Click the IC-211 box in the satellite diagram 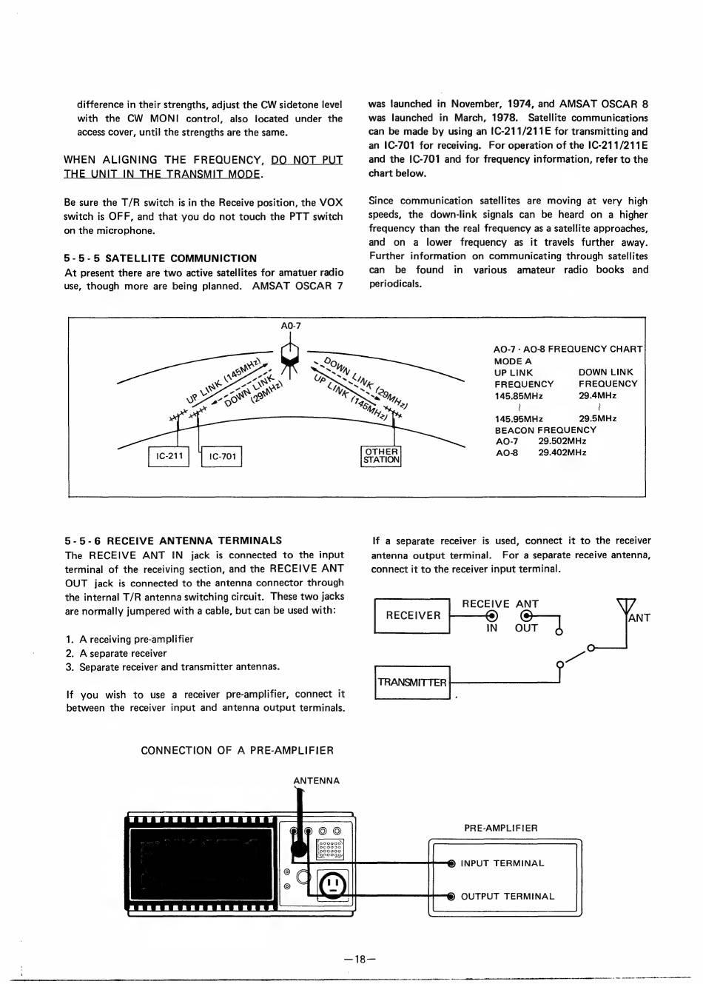point(169,456)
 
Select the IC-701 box point(222,456)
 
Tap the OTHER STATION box point(381,456)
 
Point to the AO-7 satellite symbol point(290,352)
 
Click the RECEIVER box point(412,615)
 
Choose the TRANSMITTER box point(412,682)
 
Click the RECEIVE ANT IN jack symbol point(491,616)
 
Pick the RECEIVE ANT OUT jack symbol point(526,616)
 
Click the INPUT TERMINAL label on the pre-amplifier point(502,863)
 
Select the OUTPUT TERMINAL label point(507,897)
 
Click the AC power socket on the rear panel point(333,884)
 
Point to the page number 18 point(360,960)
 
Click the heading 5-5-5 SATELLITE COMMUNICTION point(161,258)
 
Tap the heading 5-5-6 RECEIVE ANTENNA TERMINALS point(173,540)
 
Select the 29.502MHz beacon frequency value point(562,441)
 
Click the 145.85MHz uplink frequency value point(519,396)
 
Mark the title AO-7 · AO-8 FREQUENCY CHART point(568,349)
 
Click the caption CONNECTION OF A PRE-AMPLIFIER point(237,750)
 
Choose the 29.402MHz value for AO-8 point(562,452)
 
